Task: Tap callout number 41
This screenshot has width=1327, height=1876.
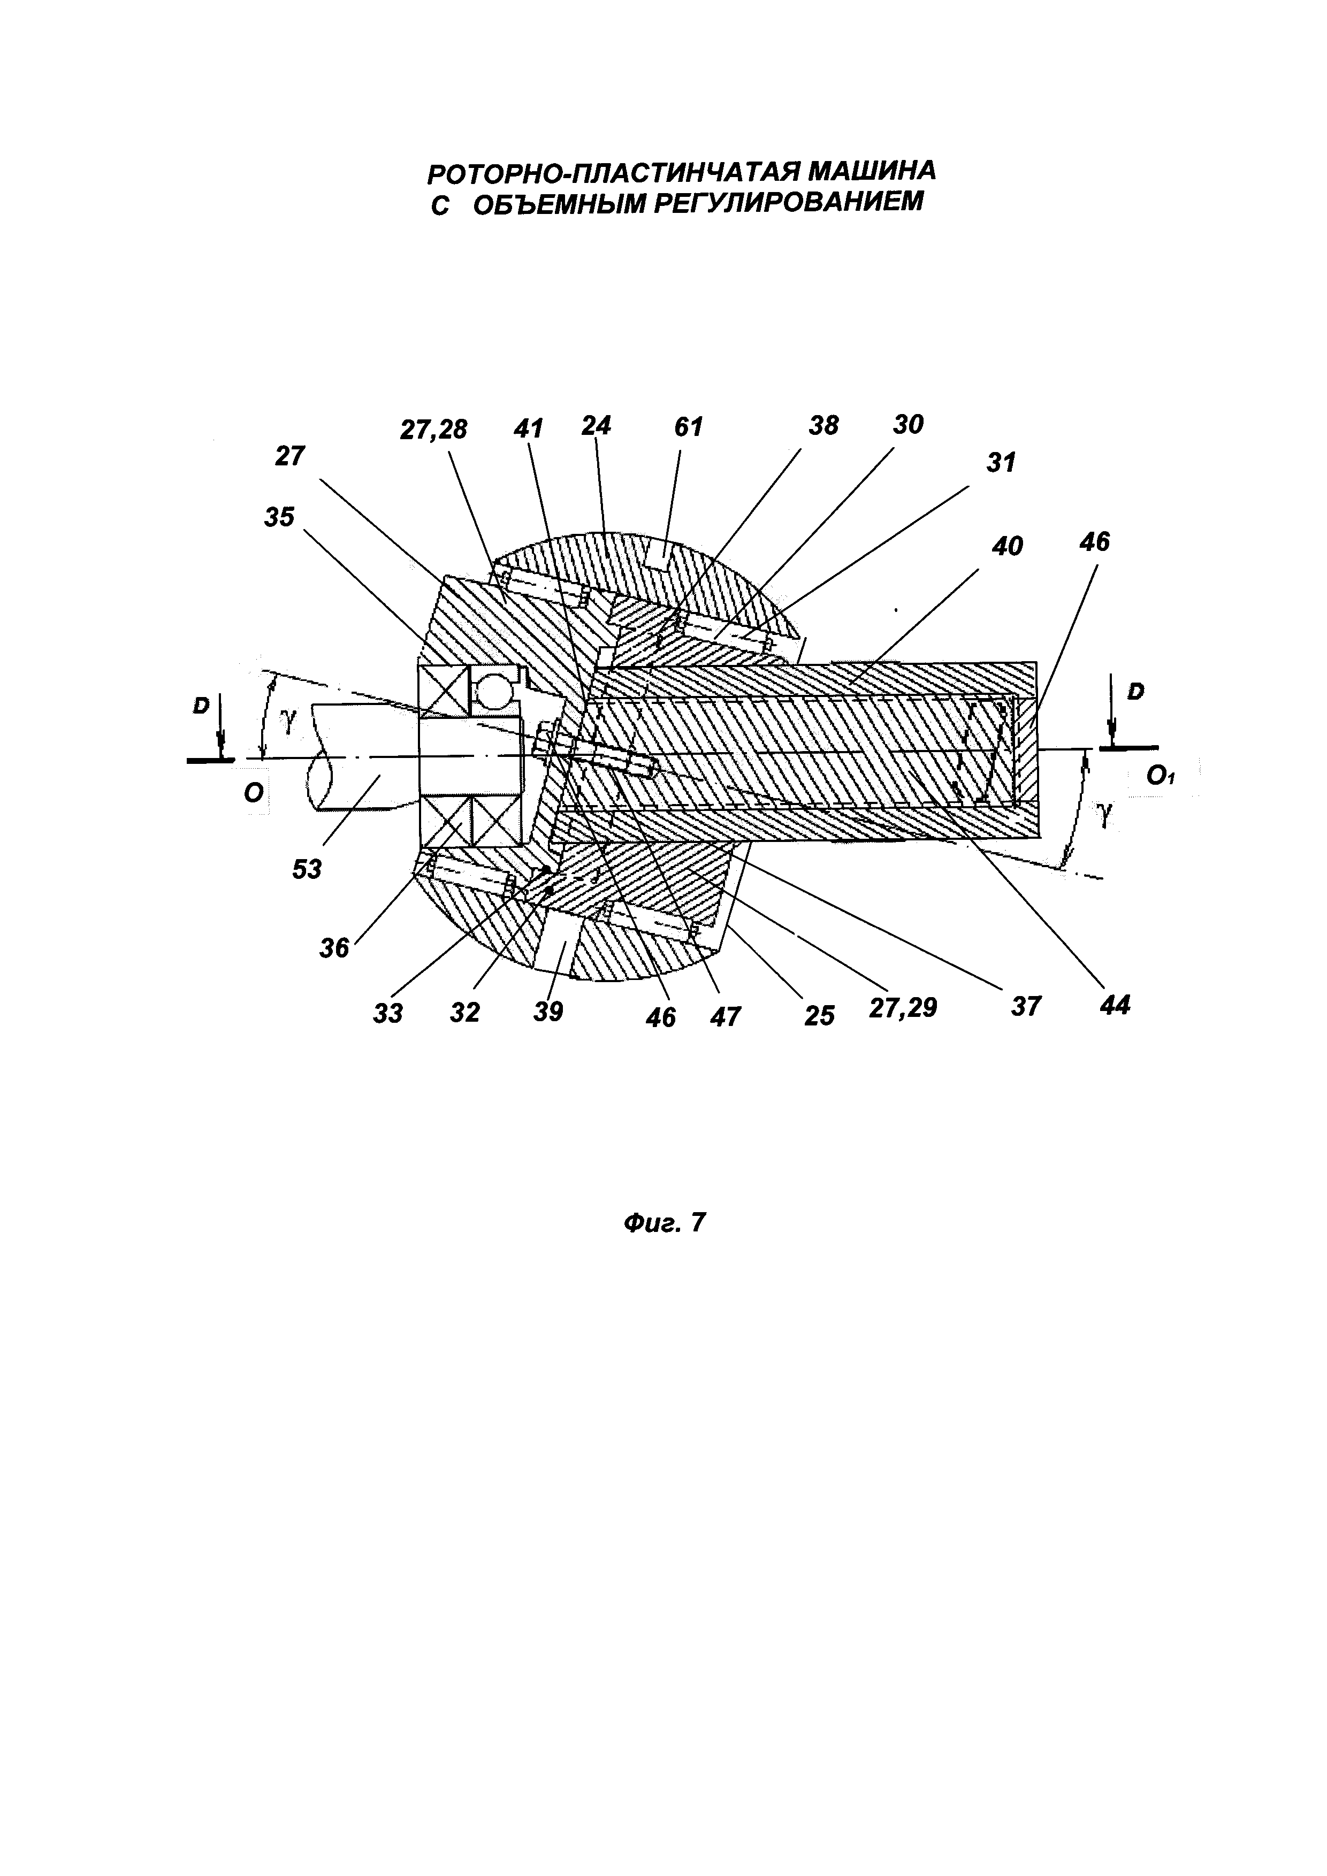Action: pyautogui.click(x=529, y=428)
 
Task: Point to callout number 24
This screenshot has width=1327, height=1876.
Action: pyautogui.click(x=597, y=426)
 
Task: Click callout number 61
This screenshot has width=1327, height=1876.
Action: pyautogui.click(x=688, y=426)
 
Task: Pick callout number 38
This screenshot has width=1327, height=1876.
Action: pyautogui.click(x=823, y=425)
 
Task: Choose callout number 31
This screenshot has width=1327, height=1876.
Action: pyautogui.click(x=1000, y=463)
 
